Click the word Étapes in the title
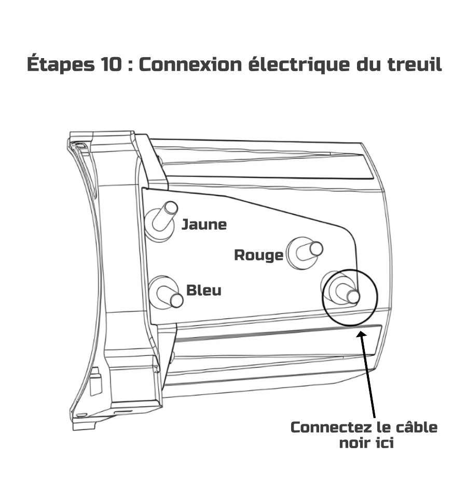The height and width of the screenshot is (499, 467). pyautogui.click(x=57, y=65)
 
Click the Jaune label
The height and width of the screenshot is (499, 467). pyautogui.click(x=204, y=225)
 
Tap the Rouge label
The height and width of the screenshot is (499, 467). pyautogui.click(x=258, y=255)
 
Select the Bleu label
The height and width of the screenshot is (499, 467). pyautogui.click(x=203, y=290)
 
